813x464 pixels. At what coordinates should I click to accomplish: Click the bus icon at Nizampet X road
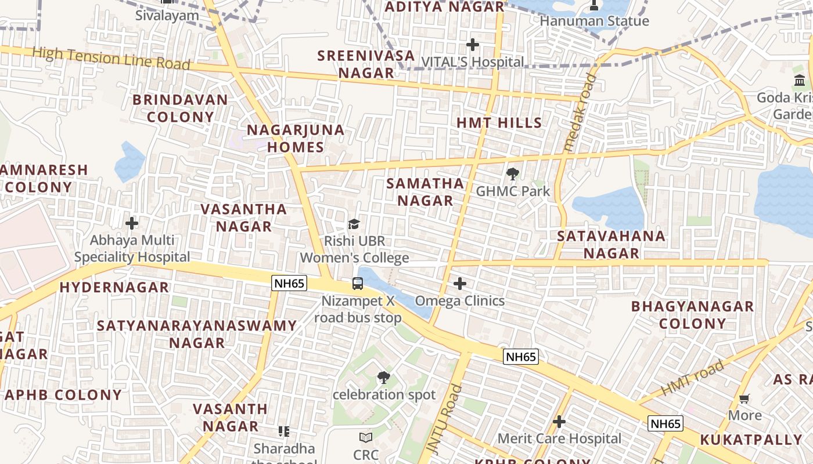point(358,284)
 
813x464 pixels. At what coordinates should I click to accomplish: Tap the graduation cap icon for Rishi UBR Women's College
point(354,224)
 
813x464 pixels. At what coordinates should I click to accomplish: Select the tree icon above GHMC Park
point(512,173)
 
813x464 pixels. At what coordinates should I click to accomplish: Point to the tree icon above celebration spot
point(383,378)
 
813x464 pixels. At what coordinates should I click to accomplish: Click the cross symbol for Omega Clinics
point(460,284)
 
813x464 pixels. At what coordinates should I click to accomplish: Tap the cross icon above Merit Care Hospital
point(559,421)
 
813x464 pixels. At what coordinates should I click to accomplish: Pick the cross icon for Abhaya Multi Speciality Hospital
point(132,223)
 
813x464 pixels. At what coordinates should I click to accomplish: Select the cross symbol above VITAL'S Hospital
point(473,44)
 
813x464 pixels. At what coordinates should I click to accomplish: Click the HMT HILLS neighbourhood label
point(499,123)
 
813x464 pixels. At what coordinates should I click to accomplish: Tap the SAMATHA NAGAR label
point(425,192)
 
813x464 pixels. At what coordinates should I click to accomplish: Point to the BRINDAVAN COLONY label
point(180,108)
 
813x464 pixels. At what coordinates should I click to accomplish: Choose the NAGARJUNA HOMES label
point(296,139)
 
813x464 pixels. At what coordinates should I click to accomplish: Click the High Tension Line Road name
point(111,59)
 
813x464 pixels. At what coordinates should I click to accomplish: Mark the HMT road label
point(693,378)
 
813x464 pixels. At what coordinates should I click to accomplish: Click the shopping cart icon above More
point(744,398)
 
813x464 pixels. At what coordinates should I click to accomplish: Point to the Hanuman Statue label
point(594,21)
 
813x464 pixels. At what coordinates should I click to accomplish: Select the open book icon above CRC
point(365,437)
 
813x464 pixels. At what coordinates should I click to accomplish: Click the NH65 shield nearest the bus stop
point(289,284)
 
